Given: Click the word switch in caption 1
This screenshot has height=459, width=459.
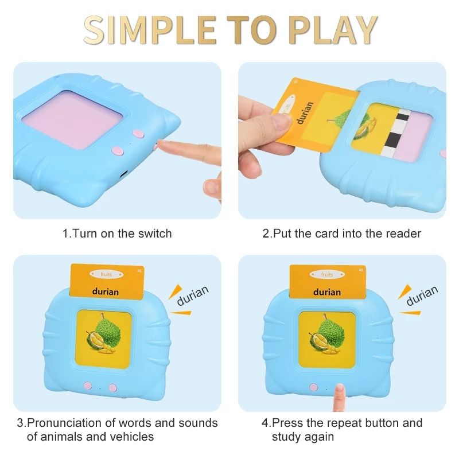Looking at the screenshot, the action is [x=155, y=234].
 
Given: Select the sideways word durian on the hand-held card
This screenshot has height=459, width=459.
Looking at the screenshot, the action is [x=305, y=112].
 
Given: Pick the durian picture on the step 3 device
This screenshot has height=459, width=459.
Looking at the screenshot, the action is [x=103, y=333].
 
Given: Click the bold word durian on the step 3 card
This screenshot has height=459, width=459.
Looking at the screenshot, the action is [x=106, y=291].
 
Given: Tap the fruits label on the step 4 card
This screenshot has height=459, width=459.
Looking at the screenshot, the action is [x=327, y=275].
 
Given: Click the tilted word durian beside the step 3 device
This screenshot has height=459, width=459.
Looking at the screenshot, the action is [x=193, y=295].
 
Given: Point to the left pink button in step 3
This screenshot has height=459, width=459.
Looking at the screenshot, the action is [x=88, y=386].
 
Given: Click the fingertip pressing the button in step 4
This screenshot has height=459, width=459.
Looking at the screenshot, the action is [x=340, y=388].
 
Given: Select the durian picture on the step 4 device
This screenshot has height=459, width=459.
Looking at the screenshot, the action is [x=326, y=333].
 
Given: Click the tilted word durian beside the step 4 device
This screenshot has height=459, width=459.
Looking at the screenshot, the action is [x=422, y=295].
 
